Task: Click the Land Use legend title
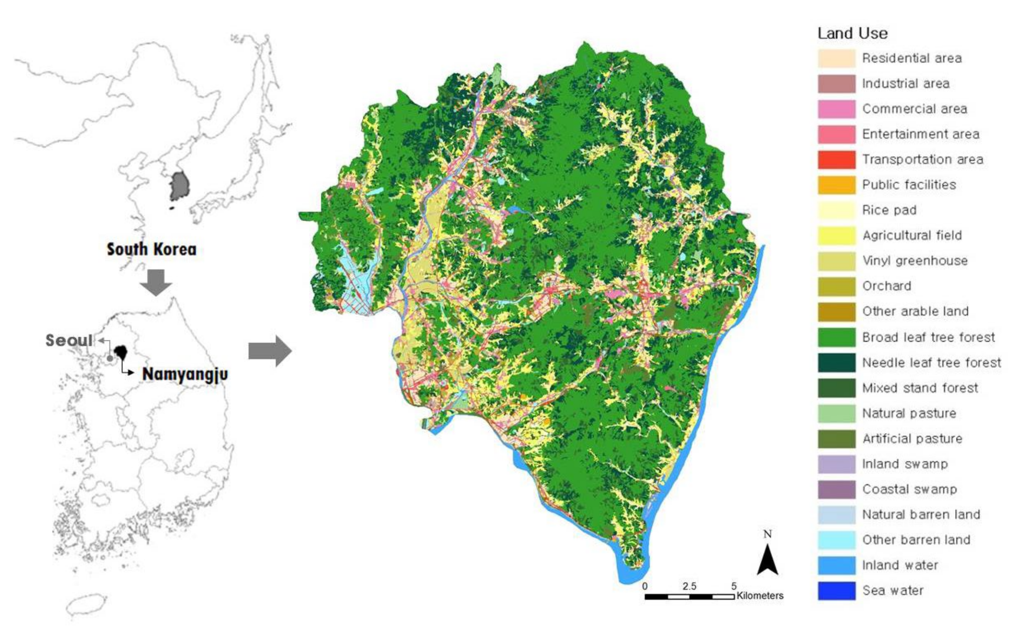(x=852, y=33)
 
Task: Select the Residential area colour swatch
(x=837, y=58)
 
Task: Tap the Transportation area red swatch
(x=837, y=160)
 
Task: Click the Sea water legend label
(x=892, y=590)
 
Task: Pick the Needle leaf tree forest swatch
(x=837, y=363)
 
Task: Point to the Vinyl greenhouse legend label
(x=914, y=261)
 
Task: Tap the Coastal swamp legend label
(x=909, y=489)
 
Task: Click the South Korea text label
(x=151, y=249)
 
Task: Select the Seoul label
(x=69, y=340)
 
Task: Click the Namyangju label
(x=185, y=374)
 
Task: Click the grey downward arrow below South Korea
(x=156, y=282)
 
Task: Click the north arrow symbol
(x=767, y=559)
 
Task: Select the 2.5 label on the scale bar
(x=690, y=586)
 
